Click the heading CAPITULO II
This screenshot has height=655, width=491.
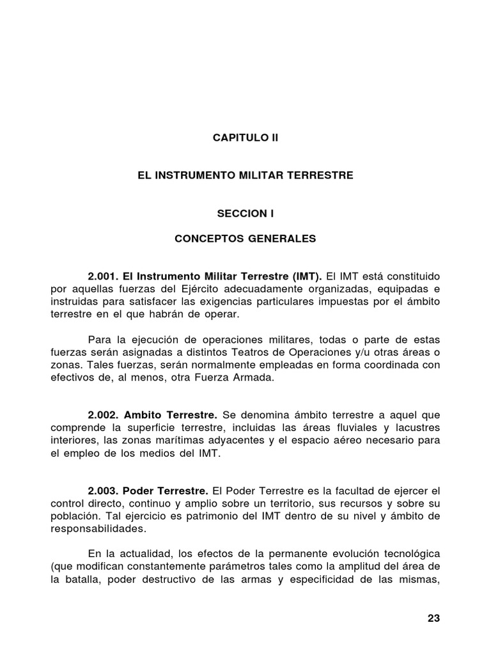245,138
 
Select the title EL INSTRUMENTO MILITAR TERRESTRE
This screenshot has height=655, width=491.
245,175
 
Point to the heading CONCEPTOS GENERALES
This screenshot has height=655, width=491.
245,239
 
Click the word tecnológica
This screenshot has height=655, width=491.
404,553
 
